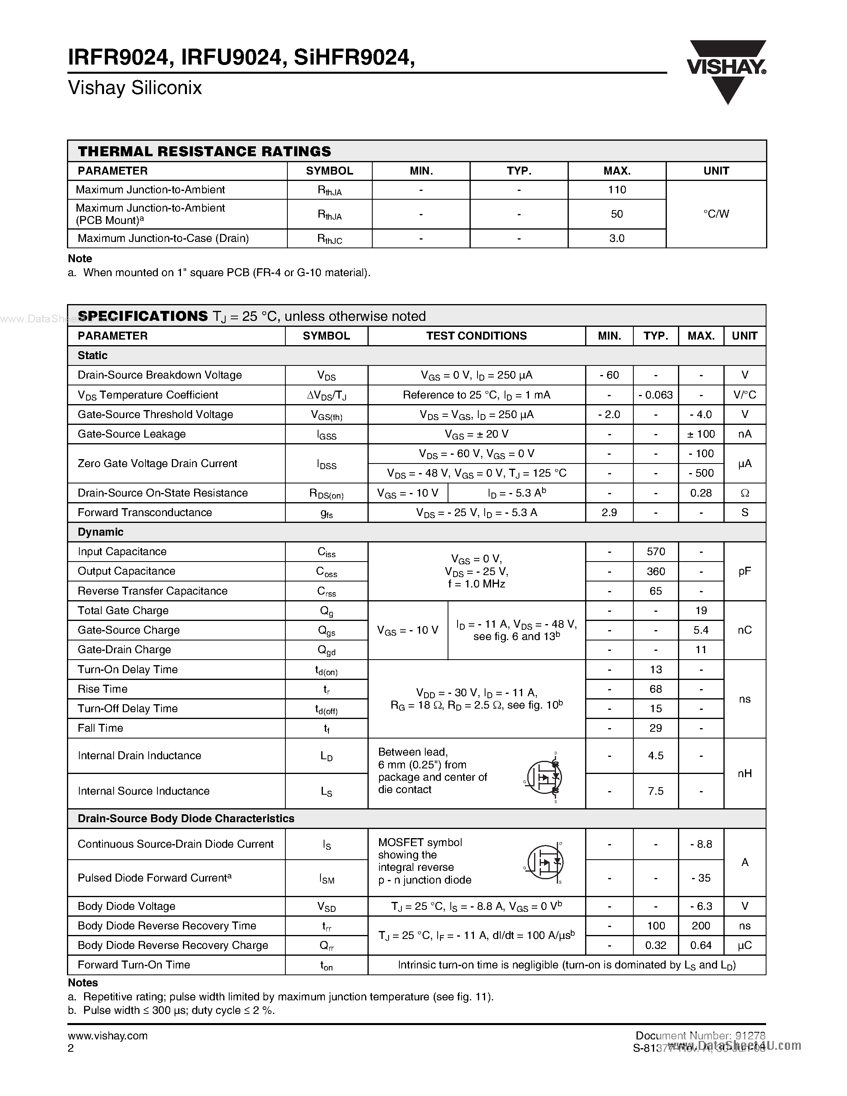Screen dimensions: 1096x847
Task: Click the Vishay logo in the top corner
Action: [x=726, y=70]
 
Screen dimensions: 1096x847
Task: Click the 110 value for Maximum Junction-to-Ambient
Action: [x=617, y=190]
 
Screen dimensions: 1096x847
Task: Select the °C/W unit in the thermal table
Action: [x=716, y=214]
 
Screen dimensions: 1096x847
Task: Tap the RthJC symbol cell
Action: [x=330, y=239]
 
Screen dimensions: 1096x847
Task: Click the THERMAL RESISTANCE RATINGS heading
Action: [x=204, y=151]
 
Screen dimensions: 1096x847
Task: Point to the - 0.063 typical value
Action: [x=655, y=395]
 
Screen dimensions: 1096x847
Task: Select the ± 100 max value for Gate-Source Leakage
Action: [x=701, y=434]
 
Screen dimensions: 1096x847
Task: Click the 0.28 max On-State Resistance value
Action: [x=701, y=493]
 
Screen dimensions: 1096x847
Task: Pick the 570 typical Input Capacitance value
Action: [x=655, y=552]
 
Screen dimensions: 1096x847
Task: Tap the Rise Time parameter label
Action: [x=103, y=689]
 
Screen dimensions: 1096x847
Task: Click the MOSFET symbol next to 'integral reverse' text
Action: [x=545, y=862]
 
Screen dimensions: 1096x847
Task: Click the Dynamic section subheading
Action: [x=100, y=532]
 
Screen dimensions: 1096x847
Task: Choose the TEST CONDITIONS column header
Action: [x=476, y=336]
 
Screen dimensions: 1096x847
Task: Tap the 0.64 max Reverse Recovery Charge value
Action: [x=701, y=945]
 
